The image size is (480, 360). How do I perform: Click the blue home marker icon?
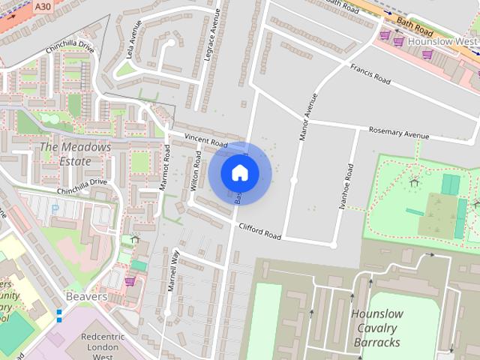click(239, 172)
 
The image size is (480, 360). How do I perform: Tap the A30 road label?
click(43, 5)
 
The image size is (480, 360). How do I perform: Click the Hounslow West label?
click(442, 41)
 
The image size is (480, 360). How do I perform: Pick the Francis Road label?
click(370, 73)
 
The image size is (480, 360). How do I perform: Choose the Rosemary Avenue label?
click(398, 133)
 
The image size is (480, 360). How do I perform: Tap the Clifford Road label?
click(259, 230)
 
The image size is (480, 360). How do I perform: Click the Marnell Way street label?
click(173, 270)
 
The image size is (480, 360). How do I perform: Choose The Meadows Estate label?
click(75, 154)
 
